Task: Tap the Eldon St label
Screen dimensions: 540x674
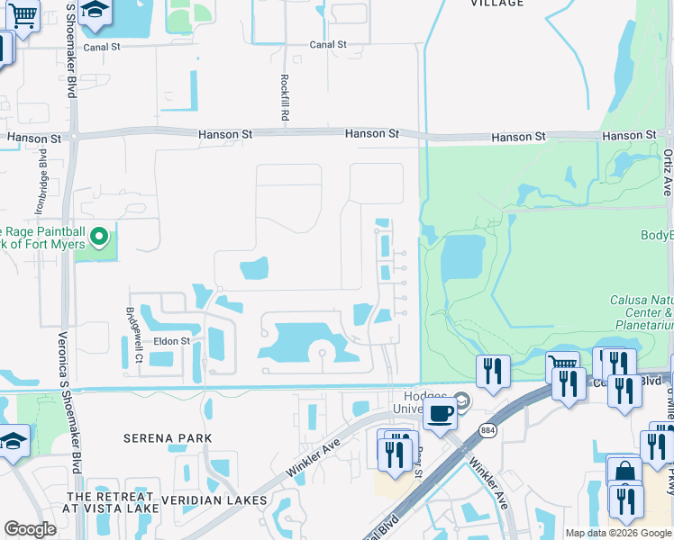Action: tap(171, 341)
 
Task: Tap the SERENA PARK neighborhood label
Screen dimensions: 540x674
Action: tap(168, 438)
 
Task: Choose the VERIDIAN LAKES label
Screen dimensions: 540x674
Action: tap(214, 499)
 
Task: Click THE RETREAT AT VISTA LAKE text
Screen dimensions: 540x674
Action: tap(110, 506)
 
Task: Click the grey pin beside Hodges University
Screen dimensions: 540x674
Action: tap(463, 400)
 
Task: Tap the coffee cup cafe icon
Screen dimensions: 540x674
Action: tap(440, 414)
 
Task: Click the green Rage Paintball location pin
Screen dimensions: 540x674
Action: tap(100, 238)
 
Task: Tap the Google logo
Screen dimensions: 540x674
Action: tap(30, 530)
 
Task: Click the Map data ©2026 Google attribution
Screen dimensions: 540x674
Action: tap(617, 533)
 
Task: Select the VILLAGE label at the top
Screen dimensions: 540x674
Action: tap(496, 4)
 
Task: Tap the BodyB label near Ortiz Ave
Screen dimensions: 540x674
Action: tap(656, 236)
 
